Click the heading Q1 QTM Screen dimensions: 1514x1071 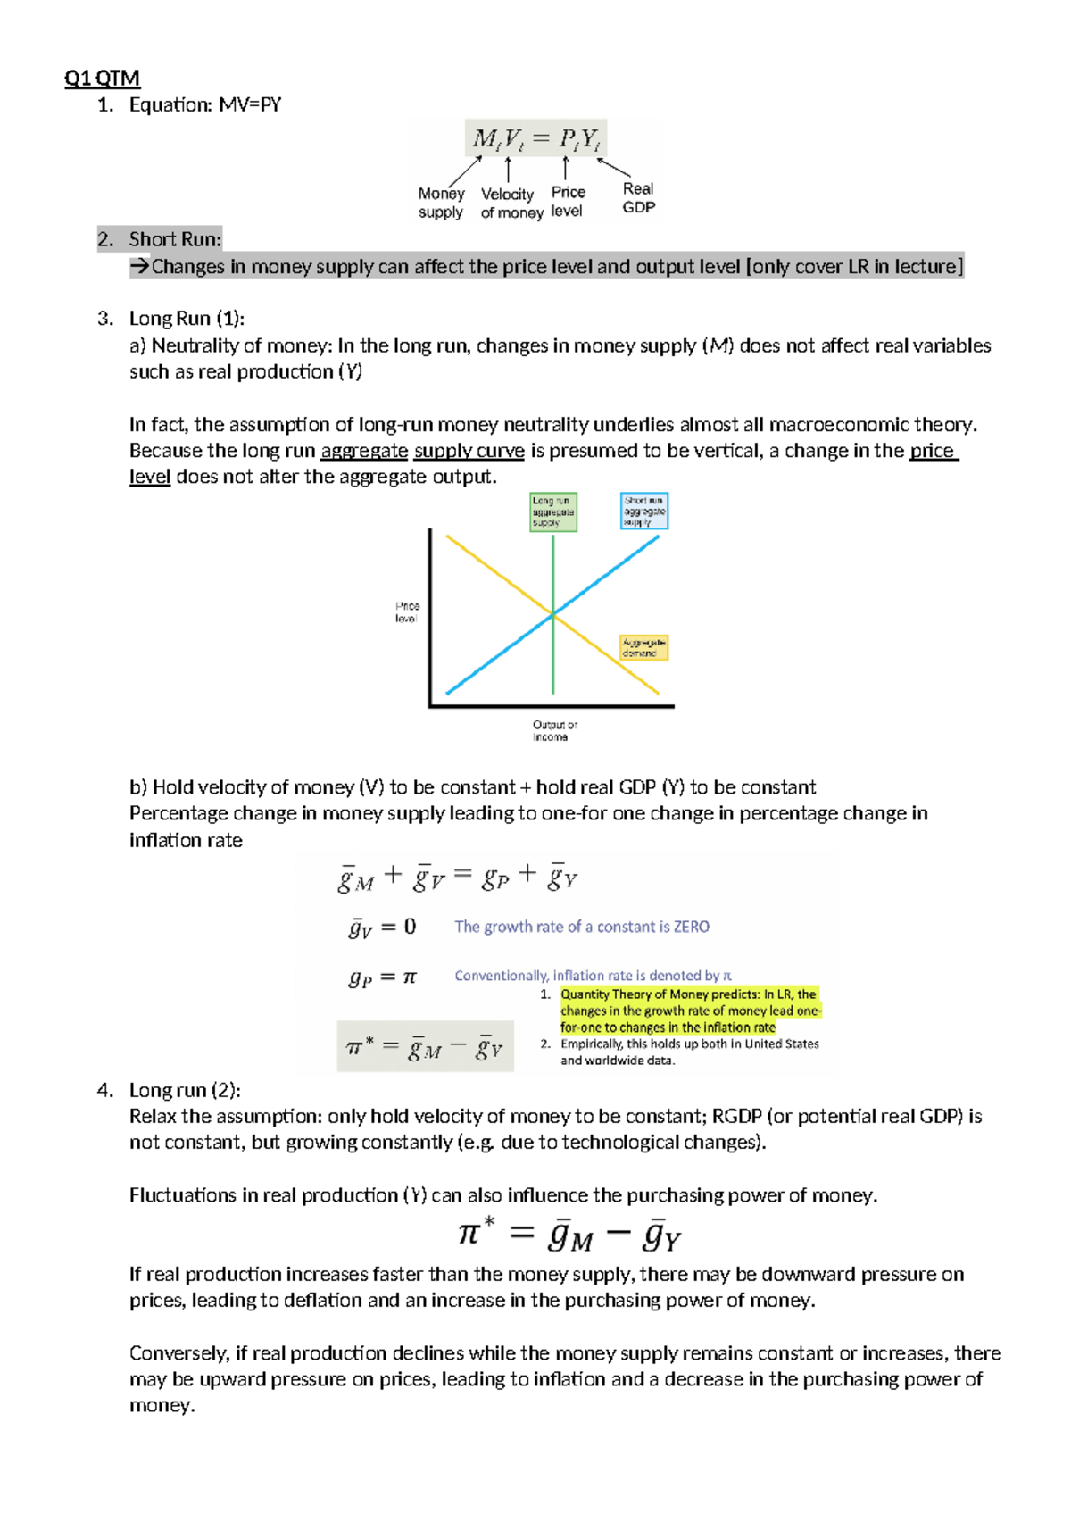(102, 79)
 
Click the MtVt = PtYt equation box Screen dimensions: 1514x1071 (535, 138)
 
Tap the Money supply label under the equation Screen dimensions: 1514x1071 (441, 203)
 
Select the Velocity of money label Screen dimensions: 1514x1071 (511, 204)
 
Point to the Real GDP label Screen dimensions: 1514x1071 (638, 197)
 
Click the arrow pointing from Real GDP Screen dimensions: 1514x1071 (614, 167)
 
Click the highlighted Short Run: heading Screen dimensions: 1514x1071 (175, 239)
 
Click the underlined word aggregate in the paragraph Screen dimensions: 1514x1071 (364, 451)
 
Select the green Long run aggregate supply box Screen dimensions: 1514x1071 (553, 512)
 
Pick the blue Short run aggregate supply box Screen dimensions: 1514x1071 (643, 512)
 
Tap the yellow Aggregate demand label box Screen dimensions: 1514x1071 (643, 647)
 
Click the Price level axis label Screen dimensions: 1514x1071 (407, 611)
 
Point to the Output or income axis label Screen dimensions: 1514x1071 (554, 730)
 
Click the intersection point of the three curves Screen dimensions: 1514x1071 (553, 614)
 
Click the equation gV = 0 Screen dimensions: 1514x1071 (382, 928)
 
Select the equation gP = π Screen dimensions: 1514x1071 (382, 977)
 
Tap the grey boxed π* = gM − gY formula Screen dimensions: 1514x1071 (425, 1046)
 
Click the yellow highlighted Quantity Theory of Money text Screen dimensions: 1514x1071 (689, 1011)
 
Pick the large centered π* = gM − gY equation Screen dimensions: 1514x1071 (569, 1235)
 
